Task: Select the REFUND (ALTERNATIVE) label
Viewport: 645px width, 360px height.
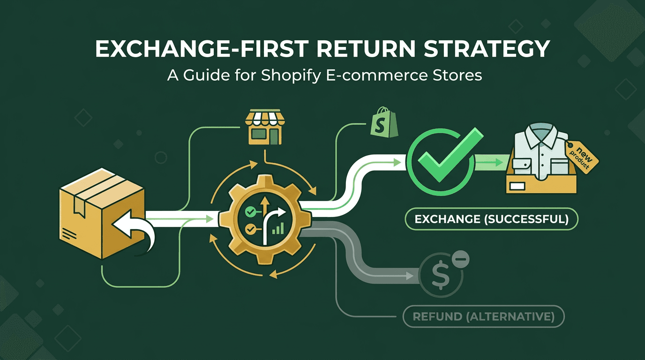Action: (483, 317)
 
